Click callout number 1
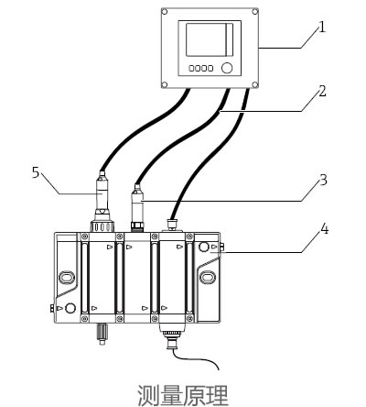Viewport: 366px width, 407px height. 321,27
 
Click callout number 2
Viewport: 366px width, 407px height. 322,92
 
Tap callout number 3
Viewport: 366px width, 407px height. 323,180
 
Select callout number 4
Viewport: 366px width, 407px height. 324,229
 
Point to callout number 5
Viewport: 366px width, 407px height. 36,172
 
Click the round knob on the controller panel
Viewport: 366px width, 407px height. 227,68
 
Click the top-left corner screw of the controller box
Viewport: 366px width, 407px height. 165,12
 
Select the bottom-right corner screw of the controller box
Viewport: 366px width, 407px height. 255,84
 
